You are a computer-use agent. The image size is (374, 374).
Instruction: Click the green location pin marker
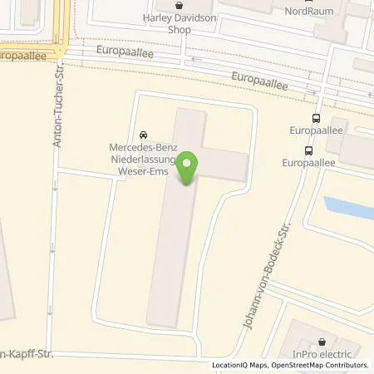[190, 165]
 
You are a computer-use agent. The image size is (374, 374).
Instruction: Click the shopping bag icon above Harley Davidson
[179, 4]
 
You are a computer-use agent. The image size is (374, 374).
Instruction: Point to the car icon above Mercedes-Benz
[144, 135]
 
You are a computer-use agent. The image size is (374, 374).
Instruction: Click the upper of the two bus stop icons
[314, 119]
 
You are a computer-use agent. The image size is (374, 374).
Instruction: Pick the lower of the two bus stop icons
[309, 150]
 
